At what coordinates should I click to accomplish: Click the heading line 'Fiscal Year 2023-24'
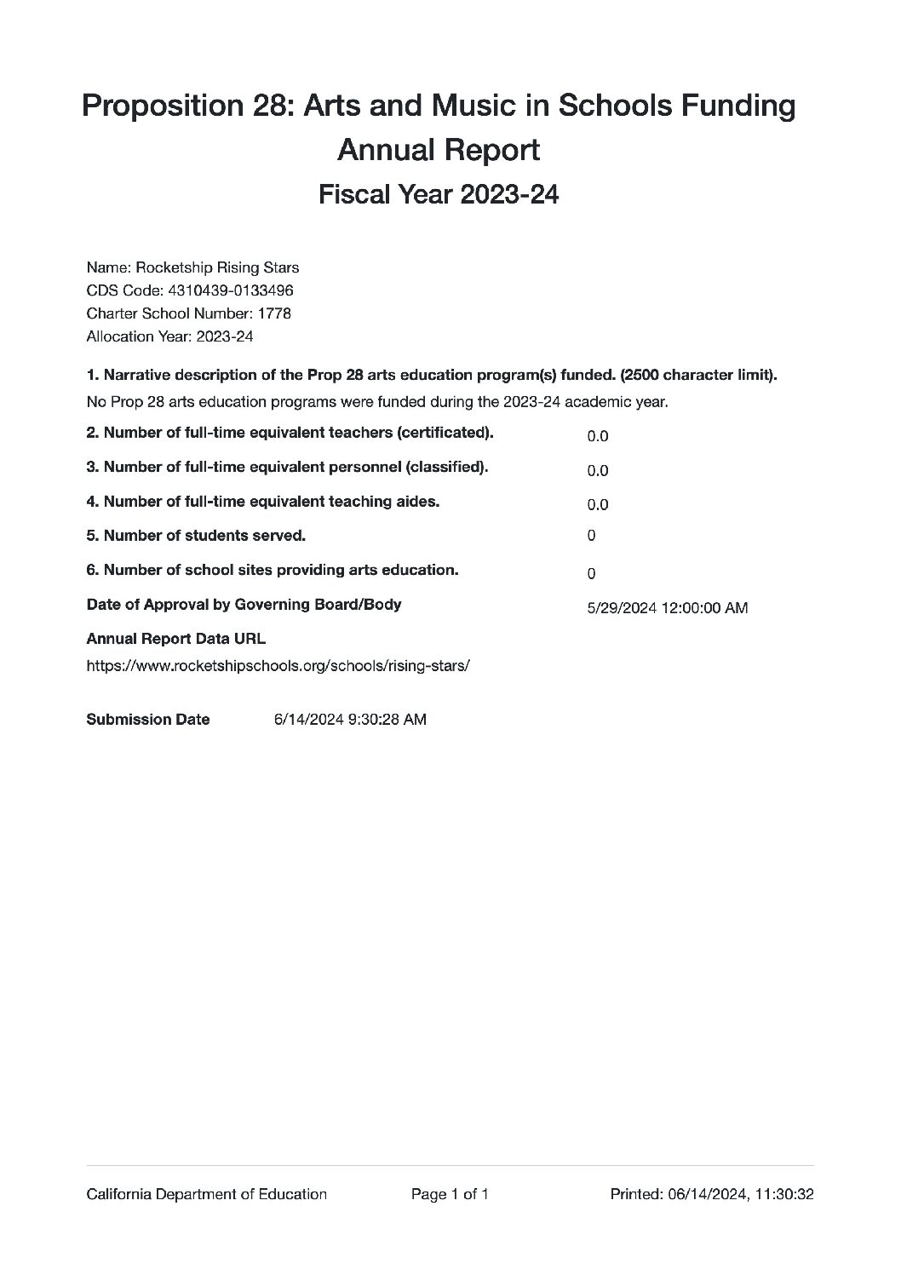(439, 194)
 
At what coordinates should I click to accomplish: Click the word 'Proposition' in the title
(150, 106)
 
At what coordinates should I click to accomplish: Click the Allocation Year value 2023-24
(225, 336)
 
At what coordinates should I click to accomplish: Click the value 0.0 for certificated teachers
(597, 436)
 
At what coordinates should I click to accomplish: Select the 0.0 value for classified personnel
(597, 470)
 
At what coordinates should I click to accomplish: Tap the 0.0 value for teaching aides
(597, 504)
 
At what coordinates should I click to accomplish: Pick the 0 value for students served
(591, 536)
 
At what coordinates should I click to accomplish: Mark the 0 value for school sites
(591, 574)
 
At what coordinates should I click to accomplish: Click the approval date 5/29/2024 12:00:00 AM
(668, 608)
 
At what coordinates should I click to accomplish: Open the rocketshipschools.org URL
(278, 666)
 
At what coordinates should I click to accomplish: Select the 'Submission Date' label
(148, 720)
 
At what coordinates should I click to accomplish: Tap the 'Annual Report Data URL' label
(176, 639)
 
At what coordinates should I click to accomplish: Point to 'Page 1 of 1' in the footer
(450, 1194)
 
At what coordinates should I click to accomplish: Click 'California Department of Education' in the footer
(207, 1194)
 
